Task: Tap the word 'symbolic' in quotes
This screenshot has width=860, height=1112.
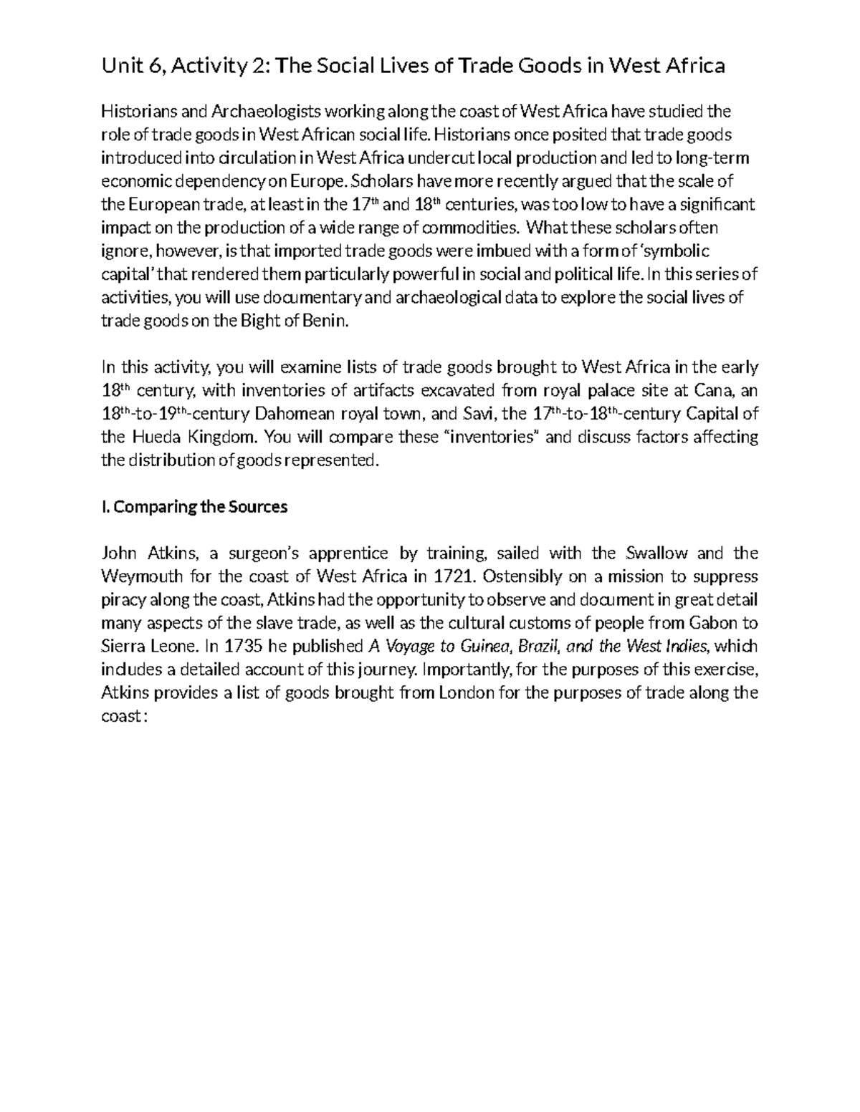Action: [x=674, y=251]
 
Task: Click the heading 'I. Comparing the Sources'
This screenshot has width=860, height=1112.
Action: [x=194, y=507]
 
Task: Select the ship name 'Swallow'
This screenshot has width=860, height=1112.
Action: [x=659, y=553]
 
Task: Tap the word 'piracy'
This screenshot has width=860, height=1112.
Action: [x=123, y=600]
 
